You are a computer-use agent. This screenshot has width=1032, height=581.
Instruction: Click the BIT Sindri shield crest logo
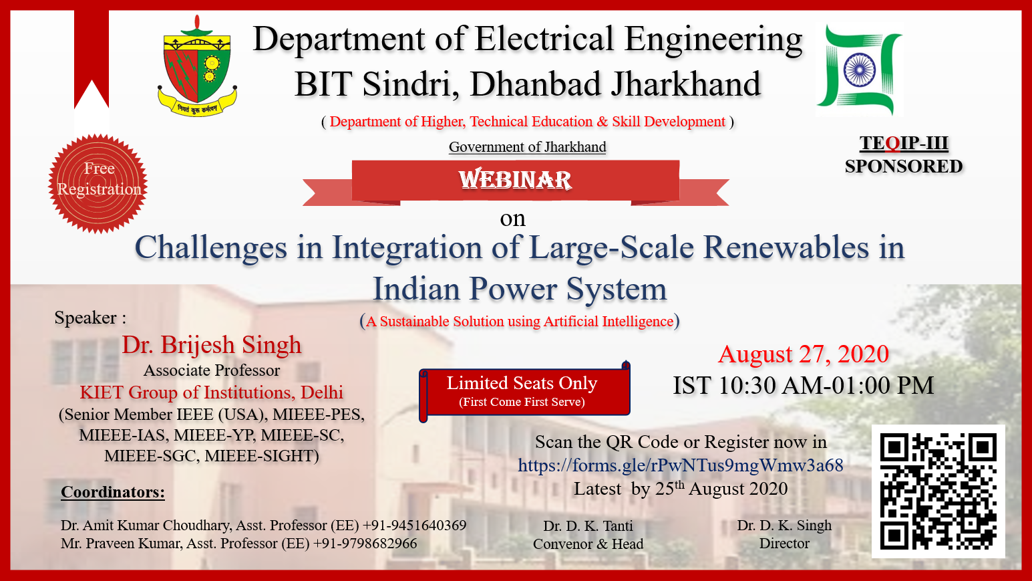(197, 66)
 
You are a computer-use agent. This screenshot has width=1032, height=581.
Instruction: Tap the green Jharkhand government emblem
(859, 69)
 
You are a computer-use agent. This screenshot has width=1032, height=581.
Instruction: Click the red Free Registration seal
(98, 183)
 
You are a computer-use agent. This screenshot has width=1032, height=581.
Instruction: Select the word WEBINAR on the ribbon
(515, 180)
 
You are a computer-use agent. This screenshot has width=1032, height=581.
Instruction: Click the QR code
(938, 491)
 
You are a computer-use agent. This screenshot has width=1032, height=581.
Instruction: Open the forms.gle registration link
(681, 465)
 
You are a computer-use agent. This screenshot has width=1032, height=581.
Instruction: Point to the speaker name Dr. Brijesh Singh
(212, 345)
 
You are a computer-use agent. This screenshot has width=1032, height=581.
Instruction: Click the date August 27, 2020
(804, 354)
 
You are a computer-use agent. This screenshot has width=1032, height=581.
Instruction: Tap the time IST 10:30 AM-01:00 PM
(804, 385)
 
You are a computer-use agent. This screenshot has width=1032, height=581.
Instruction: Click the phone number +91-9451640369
(415, 526)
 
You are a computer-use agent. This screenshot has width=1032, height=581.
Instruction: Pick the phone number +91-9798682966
(365, 544)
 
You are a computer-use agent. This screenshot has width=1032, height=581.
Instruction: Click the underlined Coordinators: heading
(113, 492)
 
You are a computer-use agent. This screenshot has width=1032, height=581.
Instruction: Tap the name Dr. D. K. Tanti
(588, 526)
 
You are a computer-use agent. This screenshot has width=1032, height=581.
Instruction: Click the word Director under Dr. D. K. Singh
(784, 544)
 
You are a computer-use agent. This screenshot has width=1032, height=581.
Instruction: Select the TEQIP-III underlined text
(904, 143)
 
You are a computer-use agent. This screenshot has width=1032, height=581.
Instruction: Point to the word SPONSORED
(904, 166)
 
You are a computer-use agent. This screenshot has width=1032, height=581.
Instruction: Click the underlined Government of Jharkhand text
(528, 147)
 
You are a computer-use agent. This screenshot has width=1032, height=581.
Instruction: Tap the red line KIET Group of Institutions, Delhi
(212, 392)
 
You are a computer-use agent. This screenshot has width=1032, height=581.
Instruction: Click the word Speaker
(85, 318)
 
